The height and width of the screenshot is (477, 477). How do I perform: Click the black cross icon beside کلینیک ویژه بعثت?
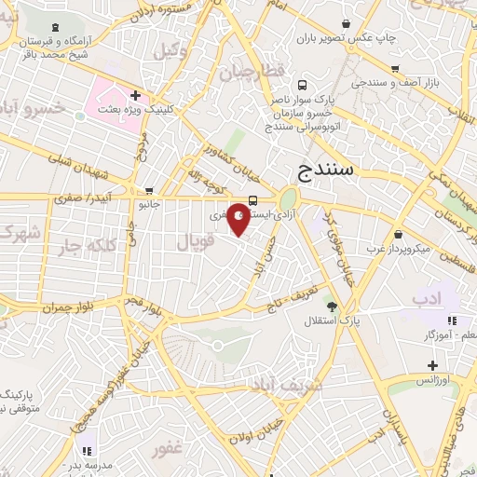[136, 95]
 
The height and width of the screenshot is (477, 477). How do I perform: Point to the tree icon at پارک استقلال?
[332, 306]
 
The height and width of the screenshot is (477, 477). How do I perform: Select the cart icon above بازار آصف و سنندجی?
[396, 68]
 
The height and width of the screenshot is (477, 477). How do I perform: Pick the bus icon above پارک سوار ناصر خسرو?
[300, 83]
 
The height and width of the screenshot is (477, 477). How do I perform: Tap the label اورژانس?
[432, 381]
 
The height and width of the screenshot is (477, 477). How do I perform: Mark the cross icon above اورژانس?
[431, 365]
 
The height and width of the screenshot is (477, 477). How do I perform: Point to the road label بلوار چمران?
[38, 307]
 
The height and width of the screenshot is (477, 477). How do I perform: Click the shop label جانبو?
[149, 202]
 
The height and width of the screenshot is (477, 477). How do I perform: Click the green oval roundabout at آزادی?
[289, 199]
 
